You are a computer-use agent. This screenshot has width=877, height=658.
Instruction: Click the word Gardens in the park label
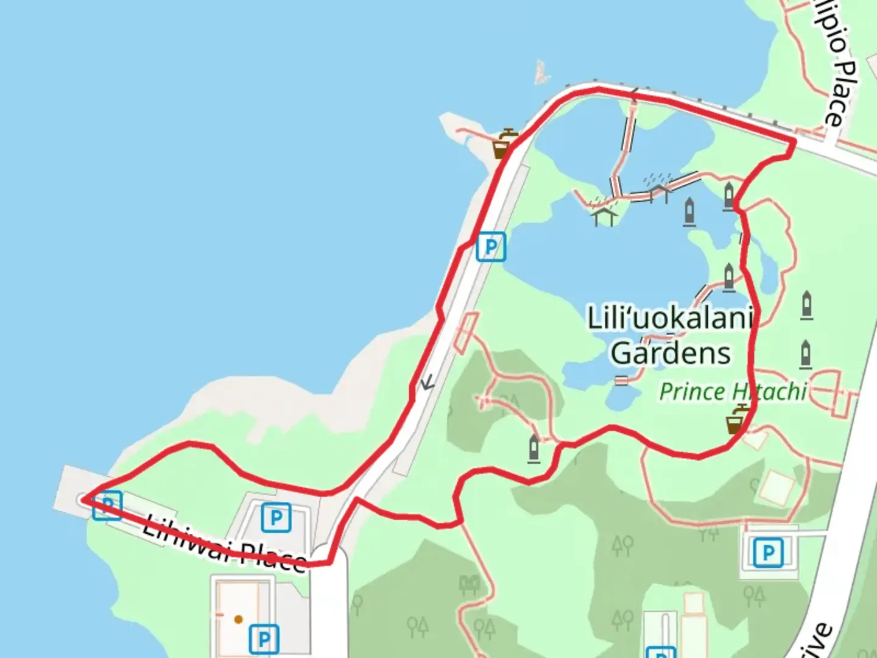[x=671, y=353]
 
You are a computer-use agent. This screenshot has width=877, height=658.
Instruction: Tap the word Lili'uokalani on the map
[x=670, y=318]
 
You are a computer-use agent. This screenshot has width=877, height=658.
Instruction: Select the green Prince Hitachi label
[x=733, y=392]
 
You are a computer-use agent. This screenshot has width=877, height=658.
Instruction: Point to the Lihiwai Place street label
[x=224, y=546]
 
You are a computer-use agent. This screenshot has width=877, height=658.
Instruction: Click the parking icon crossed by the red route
[x=107, y=505]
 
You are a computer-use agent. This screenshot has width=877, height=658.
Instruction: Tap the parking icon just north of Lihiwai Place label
[x=276, y=518]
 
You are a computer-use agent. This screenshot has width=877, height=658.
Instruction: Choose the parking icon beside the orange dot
[x=264, y=639]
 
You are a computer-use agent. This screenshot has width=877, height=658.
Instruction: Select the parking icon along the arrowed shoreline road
[x=491, y=247]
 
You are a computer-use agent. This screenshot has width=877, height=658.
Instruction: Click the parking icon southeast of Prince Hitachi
[x=768, y=553]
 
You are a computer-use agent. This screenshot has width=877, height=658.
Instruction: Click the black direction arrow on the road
[x=428, y=382]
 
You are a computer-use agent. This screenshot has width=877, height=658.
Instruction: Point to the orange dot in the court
[x=239, y=619]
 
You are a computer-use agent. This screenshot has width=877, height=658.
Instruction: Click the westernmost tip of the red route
[x=83, y=500]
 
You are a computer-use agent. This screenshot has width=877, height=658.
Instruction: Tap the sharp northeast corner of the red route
[x=794, y=141]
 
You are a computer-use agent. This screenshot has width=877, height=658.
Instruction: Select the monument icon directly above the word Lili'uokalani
[x=728, y=277]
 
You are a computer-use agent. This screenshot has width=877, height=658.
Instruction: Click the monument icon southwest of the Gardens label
[x=534, y=448]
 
